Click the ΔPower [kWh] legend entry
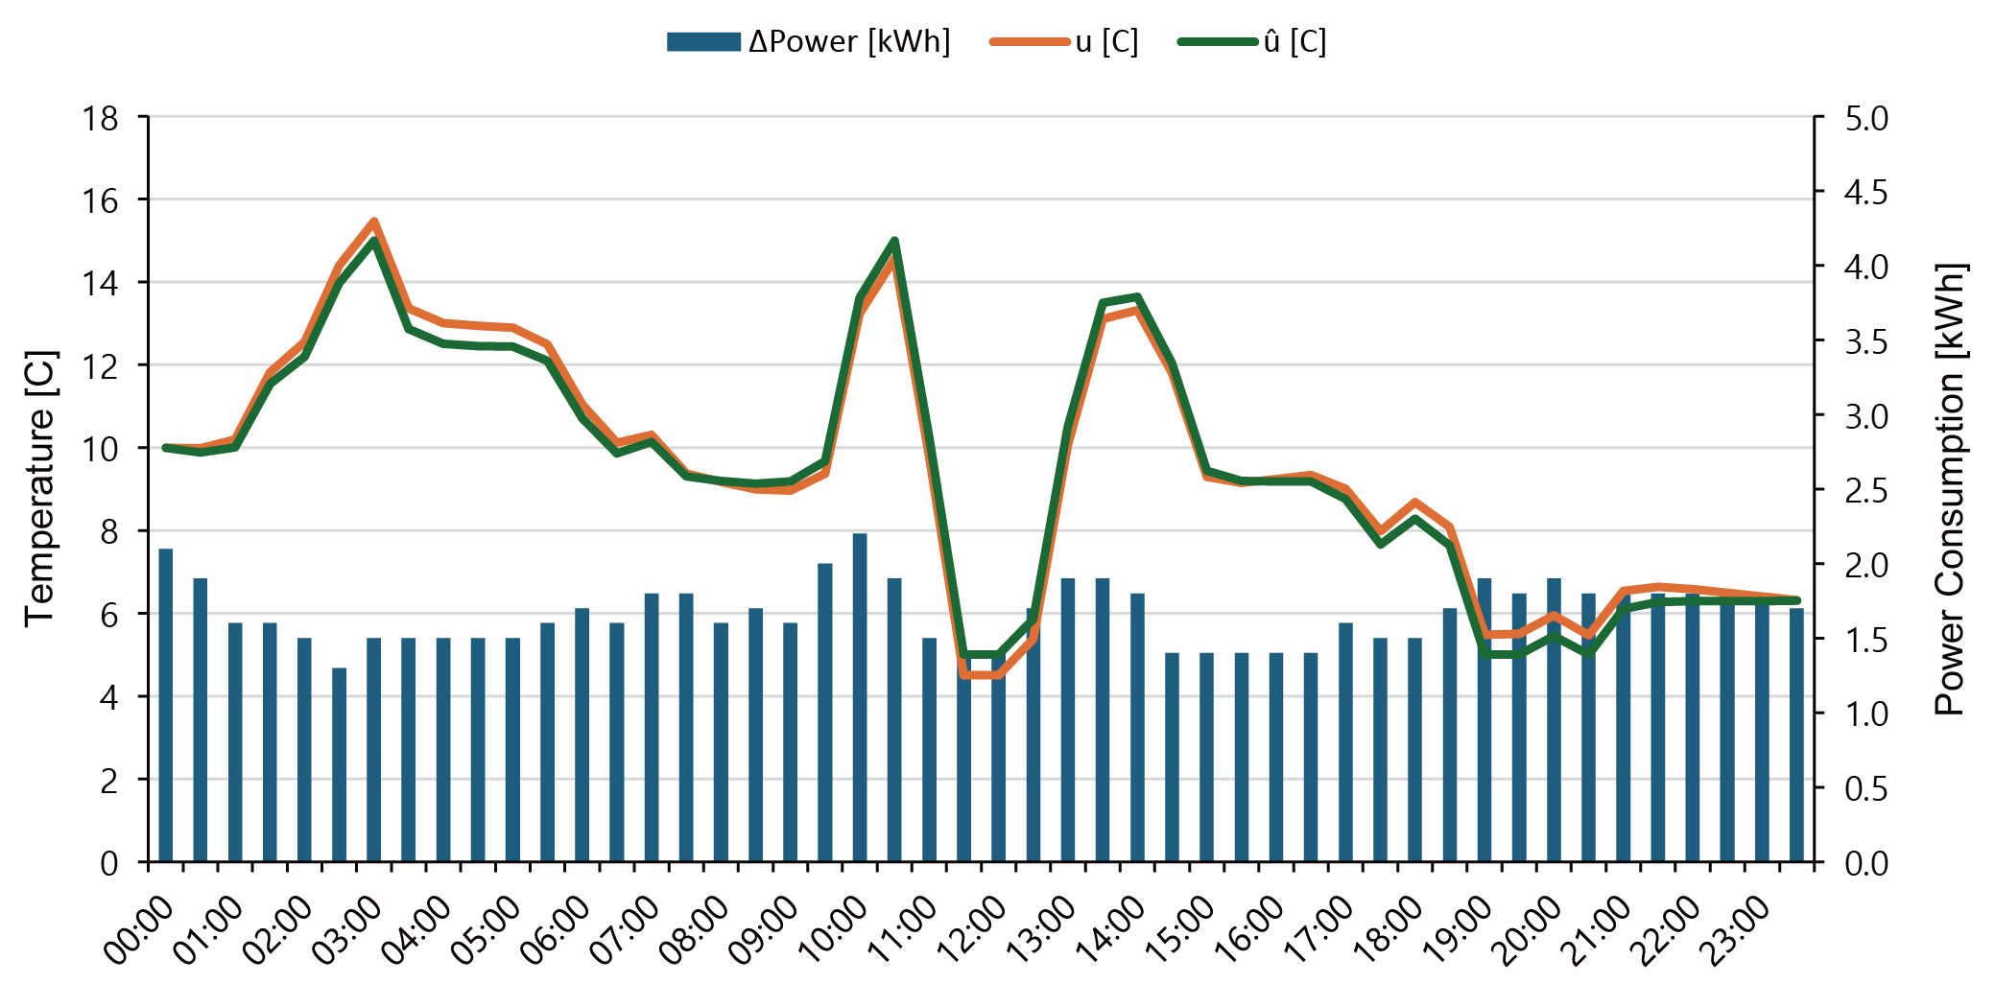808,42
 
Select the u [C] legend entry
1064,42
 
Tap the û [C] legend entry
1252,42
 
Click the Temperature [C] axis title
39,489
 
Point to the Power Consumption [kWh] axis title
1949,489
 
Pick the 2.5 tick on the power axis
1865,491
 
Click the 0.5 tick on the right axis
1865,789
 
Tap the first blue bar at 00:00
166,705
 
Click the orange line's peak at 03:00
374,222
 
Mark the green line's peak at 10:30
894,241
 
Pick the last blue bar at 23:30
1796,735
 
